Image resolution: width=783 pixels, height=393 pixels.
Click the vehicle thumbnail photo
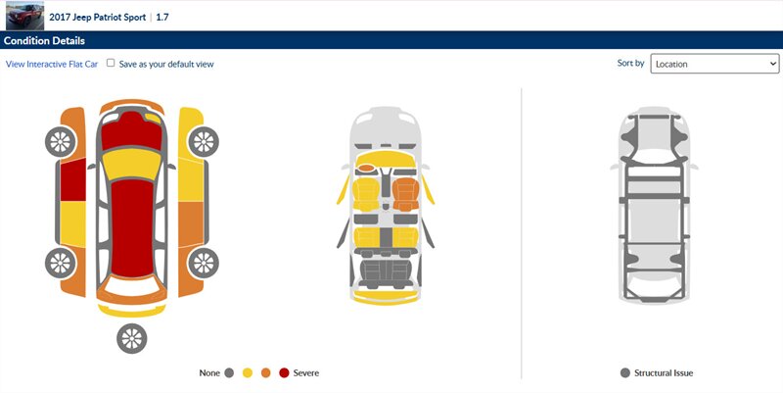[24, 16]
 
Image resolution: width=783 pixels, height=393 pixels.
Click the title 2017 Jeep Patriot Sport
[97, 17]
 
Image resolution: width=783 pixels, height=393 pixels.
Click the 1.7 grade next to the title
[162, 17]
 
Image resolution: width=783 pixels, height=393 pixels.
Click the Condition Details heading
[44, 40]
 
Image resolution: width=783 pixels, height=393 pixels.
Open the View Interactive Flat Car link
[52, 64]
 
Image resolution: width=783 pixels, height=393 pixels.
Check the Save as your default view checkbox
[111, 63]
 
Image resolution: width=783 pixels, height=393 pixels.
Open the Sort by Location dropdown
[714, 64]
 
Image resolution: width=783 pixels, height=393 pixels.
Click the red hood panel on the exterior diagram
[132, 131]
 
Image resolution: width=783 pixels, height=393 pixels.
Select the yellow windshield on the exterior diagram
[132, 165]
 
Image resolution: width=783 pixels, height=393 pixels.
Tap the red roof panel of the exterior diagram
[132, 227]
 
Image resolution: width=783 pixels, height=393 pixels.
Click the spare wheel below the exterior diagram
[132, 338]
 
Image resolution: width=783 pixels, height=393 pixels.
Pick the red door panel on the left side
[72, 179]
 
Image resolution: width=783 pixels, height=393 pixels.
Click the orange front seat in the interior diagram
[405, 194]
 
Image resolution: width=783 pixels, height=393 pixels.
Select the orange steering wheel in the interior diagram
[366, 168]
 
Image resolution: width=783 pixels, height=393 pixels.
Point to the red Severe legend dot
[284, 372]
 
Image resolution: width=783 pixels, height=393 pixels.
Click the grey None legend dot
[229, 372]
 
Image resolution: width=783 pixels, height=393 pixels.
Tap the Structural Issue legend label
[664, 372]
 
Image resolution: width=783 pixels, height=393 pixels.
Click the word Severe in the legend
[306, 372]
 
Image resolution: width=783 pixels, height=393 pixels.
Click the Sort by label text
[630, 64]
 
